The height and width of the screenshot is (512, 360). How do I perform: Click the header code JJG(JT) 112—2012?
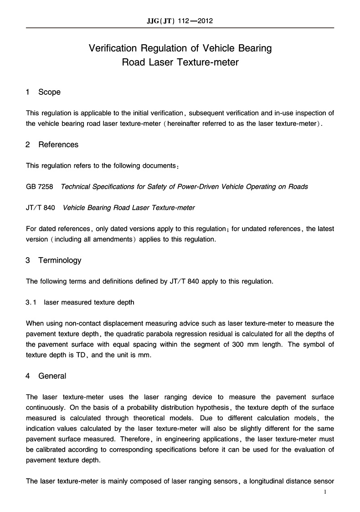(x=180, y=21)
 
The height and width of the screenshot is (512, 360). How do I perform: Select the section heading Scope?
(x=49, y=92)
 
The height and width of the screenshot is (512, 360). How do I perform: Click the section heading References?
(x=58, y=145)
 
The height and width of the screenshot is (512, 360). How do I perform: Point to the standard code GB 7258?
(x=40, y=186)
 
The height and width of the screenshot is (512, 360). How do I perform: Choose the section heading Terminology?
(x=60, y=260)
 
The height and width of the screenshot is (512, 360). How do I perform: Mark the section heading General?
(x=52, y=376)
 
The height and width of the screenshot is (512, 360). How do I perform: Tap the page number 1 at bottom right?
(x=325, y=492)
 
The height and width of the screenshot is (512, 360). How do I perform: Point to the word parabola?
(x=173, y=334)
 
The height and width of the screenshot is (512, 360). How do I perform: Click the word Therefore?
(x=176, y=439)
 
